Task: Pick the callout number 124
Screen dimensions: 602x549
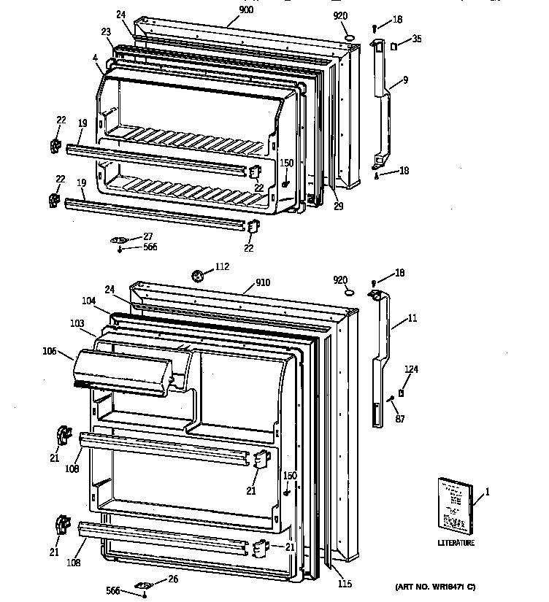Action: [x=412, y=369]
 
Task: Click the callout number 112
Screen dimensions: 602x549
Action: [x=223, y=267]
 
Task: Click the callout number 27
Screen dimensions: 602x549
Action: [x=147, y=236]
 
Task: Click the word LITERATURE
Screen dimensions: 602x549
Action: [x=456, y=543]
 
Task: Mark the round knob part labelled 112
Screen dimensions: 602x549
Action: [x=197, y=275]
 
